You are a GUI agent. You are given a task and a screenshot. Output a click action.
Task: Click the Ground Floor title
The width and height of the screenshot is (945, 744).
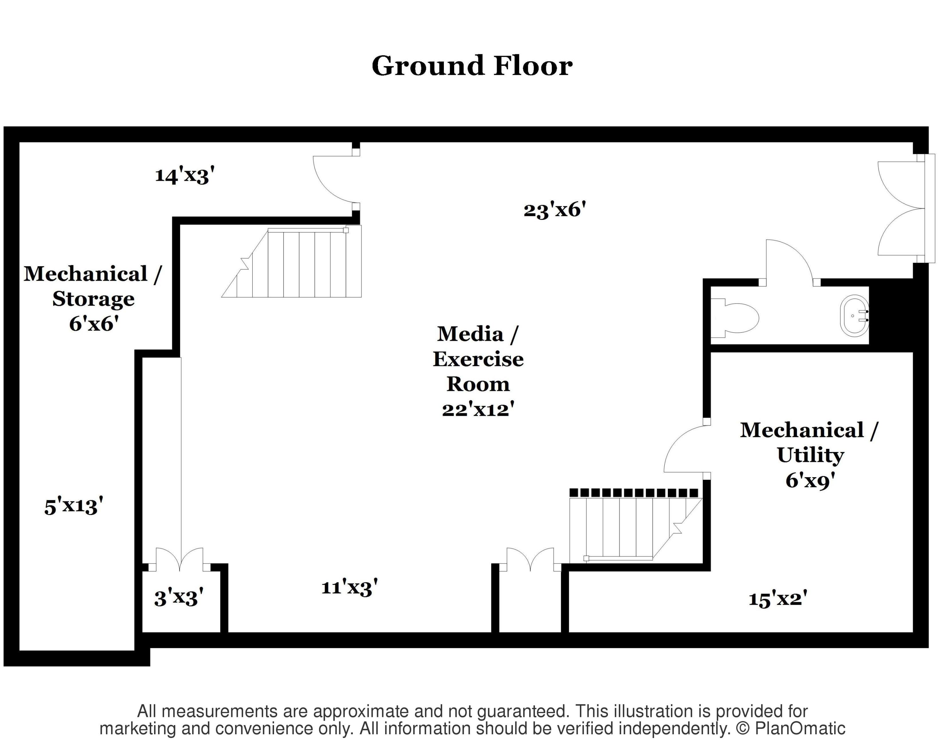pos(472,66)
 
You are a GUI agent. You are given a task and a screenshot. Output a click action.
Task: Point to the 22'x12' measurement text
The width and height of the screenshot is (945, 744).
pos(478,409)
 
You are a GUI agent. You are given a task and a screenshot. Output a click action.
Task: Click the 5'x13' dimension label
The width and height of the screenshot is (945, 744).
pos(74,506)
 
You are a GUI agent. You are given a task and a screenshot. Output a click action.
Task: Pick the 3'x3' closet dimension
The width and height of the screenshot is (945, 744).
pos(179,597)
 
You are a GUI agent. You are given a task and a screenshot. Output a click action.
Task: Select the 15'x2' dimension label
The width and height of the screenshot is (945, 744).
pos(778,599)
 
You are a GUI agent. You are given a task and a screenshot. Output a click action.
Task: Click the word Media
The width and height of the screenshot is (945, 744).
pos(470,334)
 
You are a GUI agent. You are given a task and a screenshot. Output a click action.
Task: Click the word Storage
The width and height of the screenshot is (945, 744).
pos(94,299)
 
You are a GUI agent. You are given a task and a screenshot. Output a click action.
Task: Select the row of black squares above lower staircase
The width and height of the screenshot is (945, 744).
pos(633,493)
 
